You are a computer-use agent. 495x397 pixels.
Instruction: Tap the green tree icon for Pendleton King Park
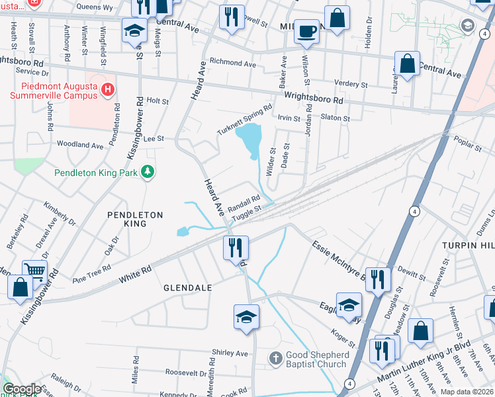(149, 172)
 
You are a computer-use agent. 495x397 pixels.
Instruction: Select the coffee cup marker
(306, 31)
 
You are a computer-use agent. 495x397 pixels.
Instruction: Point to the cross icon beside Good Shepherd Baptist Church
(275, 359)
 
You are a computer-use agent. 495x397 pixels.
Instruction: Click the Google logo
(22, 388)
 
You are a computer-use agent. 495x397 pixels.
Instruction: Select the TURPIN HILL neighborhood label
(470, 245)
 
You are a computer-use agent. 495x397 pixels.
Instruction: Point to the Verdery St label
(351, 85)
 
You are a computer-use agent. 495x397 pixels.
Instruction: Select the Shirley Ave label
(229, 353)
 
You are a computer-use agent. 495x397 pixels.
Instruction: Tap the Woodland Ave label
(80, 144)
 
